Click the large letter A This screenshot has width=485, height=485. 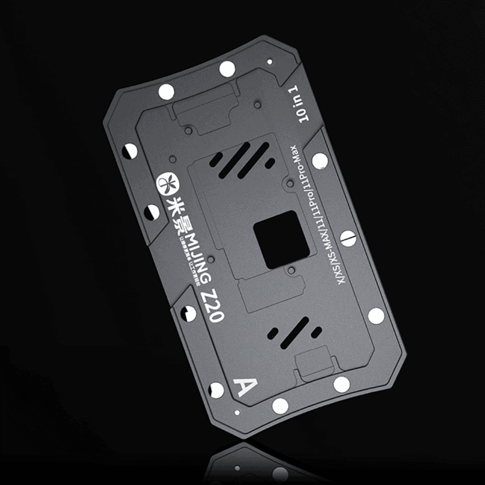[x=244, y=387]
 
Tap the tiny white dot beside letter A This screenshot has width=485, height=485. [x=237, y=414]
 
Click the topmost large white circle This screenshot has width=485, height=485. [x=226, y=69]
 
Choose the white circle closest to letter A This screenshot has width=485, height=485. [x=217, y=389]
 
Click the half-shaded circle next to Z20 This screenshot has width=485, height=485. [x=189, y=313]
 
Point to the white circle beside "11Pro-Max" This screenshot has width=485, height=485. [x=320, y=161]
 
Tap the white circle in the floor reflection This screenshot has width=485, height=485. [x=281, y=473]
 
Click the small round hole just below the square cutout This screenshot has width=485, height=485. [x=291, y=269]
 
